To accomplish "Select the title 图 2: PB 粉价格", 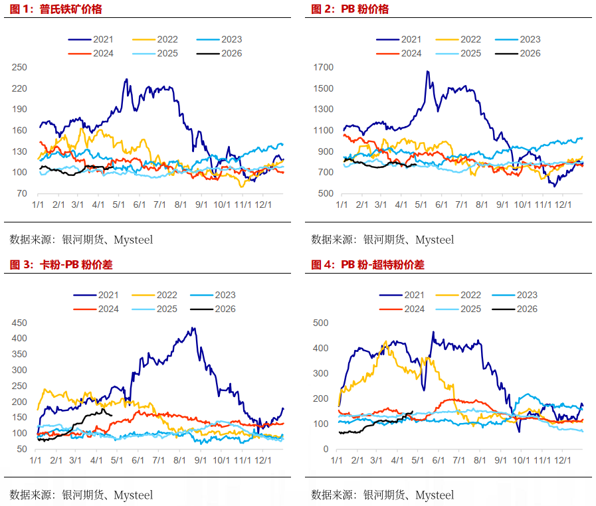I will coord(350,9).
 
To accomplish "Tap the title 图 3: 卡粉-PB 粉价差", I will coord(61,264).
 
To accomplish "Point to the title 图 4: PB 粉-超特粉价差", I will coord(368,264).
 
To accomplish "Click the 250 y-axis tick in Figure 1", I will coord(20,67).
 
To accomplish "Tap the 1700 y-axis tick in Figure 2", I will coord(324,67).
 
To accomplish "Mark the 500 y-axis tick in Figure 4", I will coord(321,323).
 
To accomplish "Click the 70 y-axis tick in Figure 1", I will coord(23,193).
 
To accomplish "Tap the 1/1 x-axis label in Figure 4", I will coord(338,460).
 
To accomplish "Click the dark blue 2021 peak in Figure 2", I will coord(427,72).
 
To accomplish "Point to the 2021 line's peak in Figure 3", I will coord(193,327).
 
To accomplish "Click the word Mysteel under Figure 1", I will coord(133,239).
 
